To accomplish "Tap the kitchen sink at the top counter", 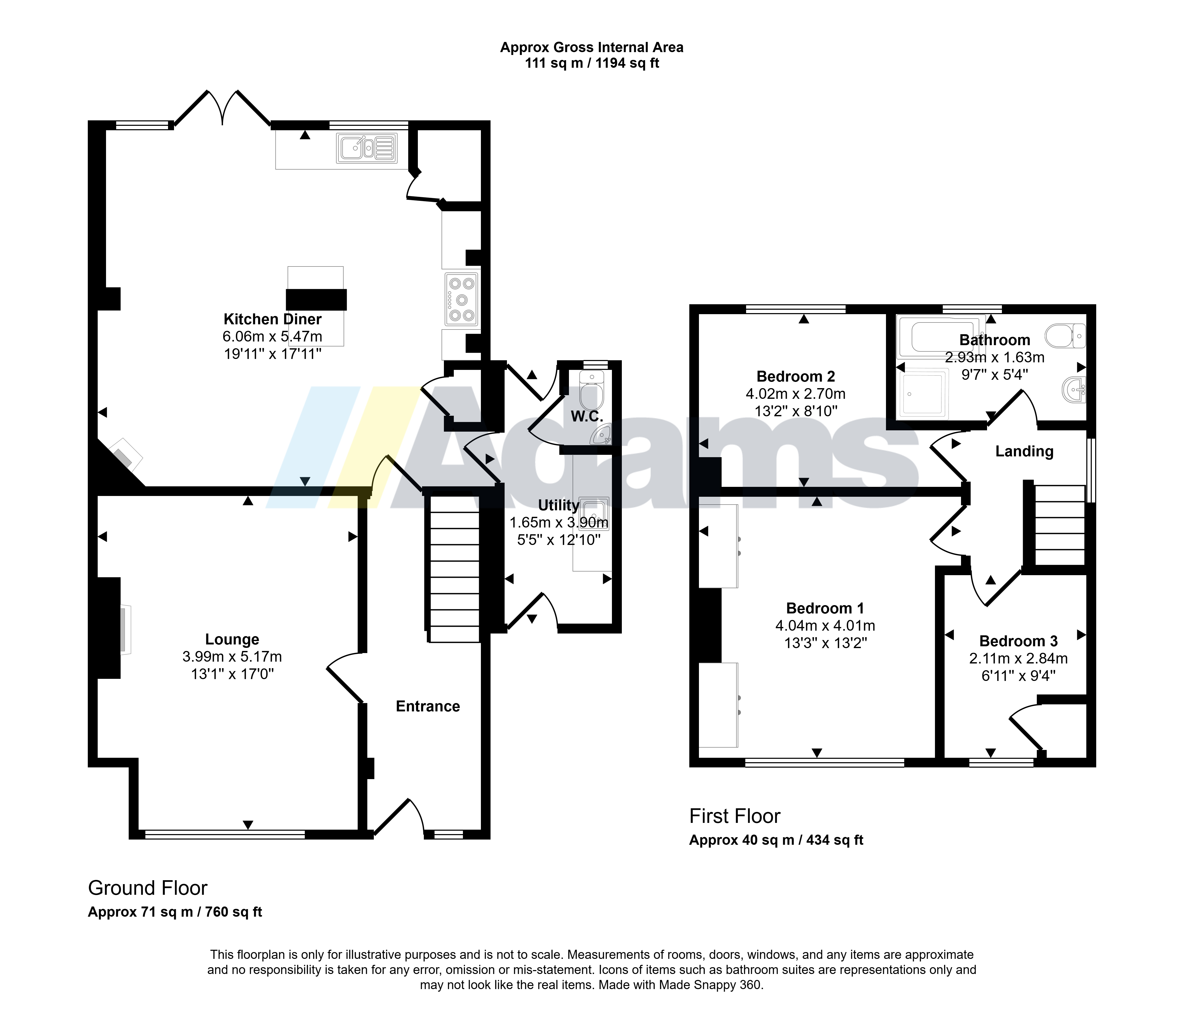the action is click(x=366, y=148).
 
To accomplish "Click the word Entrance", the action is click(x=428, y=706).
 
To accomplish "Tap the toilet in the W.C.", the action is click(x=591, y=389).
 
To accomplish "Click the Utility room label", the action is click(x=559, y=505).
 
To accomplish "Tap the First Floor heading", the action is click(x=735, y=816).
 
